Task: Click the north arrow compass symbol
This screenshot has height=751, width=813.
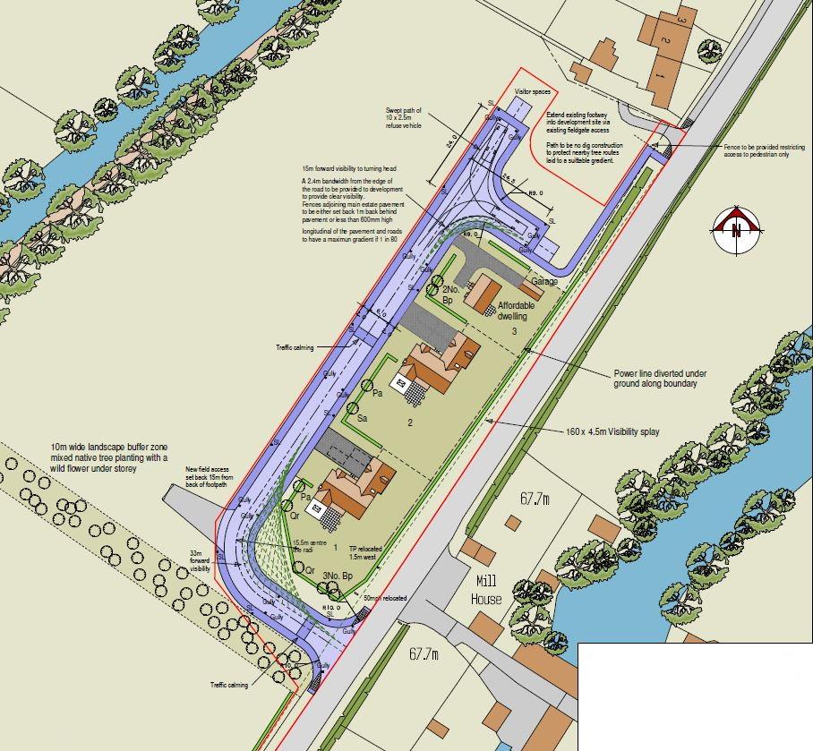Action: (x=736, y=229)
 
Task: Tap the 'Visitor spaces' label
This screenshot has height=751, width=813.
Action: (x=530, y=92)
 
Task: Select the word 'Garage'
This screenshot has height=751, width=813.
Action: (x=544, y=282)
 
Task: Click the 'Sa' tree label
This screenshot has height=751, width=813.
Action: (x=363, y=418)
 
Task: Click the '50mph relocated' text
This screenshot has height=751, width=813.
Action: (x=385, y=598)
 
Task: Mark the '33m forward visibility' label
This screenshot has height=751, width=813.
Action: (x=200, y=561)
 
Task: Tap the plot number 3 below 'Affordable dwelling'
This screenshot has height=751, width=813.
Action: (x=515, y=331)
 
